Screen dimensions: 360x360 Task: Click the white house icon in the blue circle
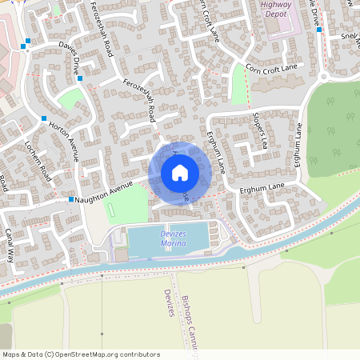[x=180, y=172]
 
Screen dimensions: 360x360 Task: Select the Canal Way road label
[x=10, y=244]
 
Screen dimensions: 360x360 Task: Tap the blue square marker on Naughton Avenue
[x=71, y=199]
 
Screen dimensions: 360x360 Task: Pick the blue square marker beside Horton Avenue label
[x=44, y=119]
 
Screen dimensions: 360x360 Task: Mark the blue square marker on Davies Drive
[x=79, y=78]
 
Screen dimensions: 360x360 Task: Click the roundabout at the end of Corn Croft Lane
[x=324, y=77]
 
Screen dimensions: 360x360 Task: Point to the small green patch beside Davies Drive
[x=70, y=99]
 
